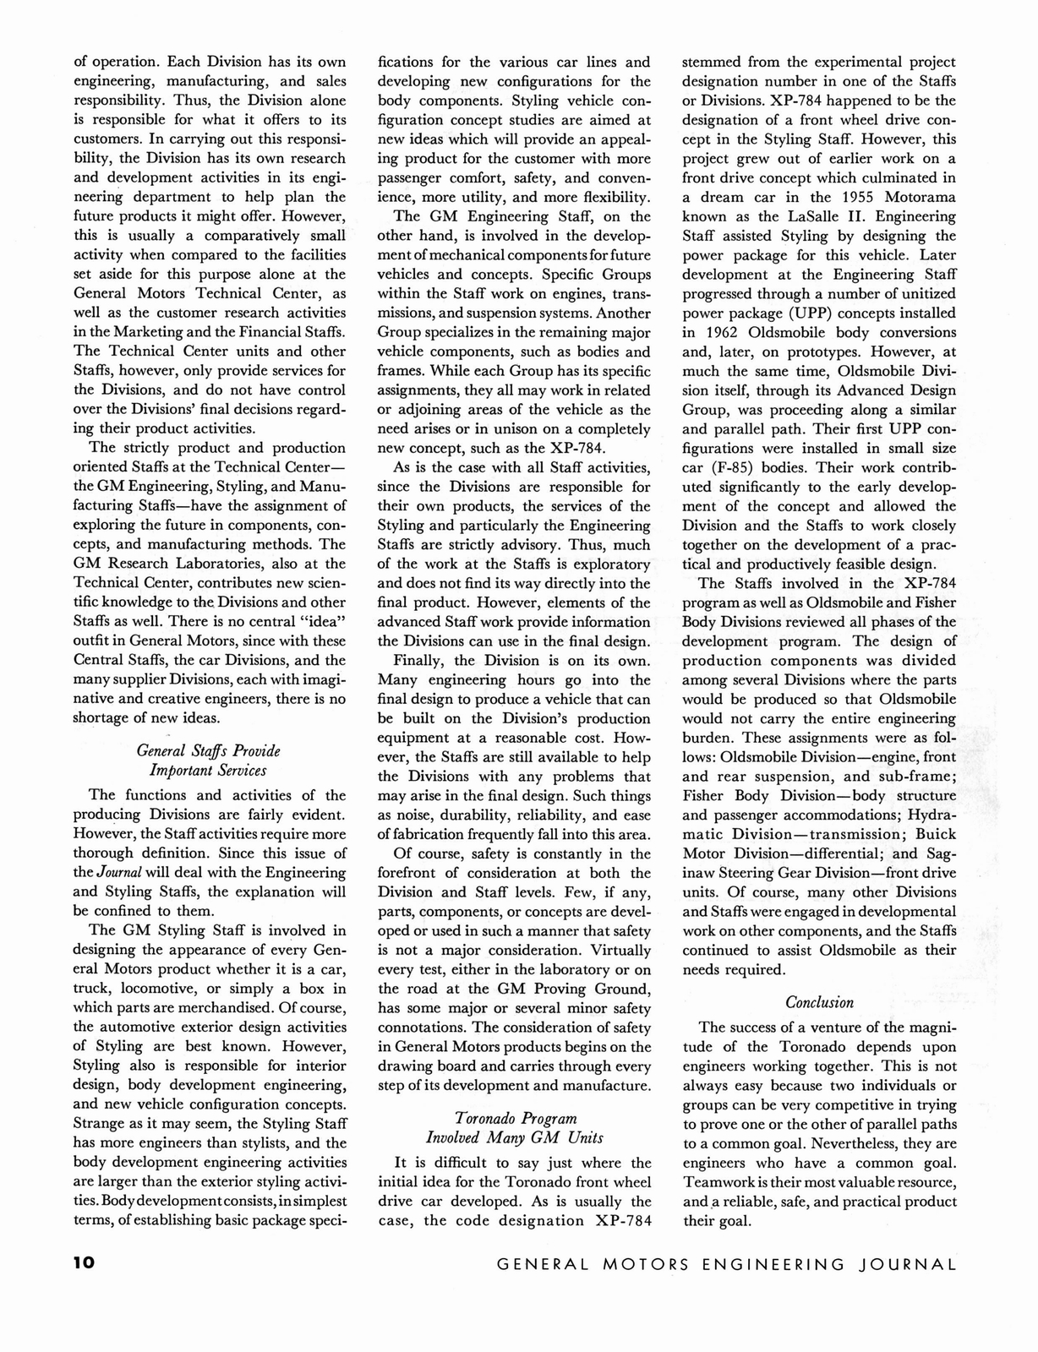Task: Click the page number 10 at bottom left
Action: tap(85, 1264)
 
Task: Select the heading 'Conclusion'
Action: tap(819, 1002)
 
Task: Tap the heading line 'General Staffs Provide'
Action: tap(208, 750)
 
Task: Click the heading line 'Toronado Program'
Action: tap(514, 1118)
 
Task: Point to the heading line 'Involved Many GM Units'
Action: tap(514, 1137)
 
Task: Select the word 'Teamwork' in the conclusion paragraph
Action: tap(717, 1181)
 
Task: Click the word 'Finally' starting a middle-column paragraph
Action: tap(421, 660)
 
